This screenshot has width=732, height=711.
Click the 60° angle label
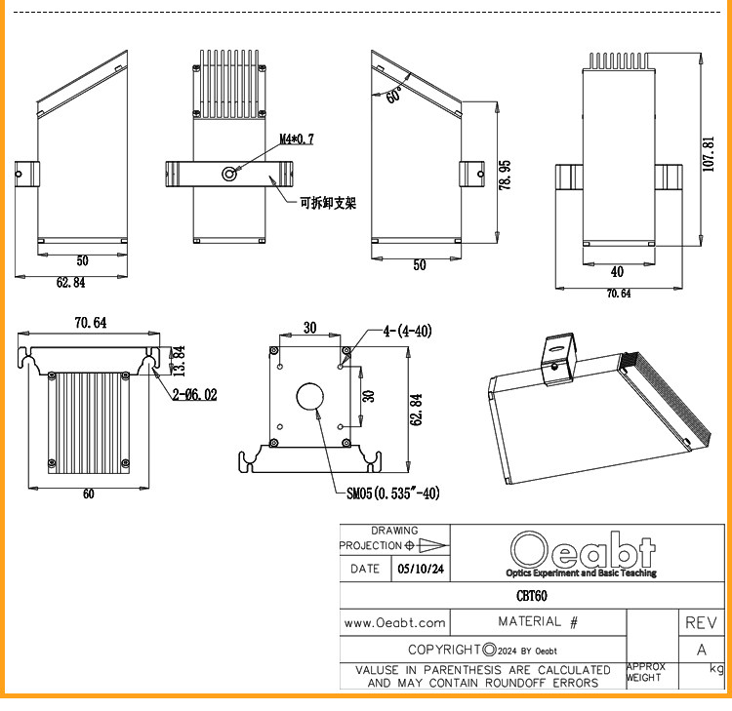[394, 95]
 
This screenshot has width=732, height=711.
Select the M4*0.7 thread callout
[297, 139]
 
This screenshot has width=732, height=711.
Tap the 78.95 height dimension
[505, 175]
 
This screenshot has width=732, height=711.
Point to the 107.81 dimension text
[709, 153]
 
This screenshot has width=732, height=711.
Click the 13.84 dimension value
[179, 361]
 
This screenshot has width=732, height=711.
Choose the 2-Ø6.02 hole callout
[194, 395]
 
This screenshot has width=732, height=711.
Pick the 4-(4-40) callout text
[408, 332]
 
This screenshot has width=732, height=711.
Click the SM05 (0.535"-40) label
[393, 494]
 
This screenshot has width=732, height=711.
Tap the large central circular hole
[309, 397]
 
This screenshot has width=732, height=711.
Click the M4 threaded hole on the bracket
[228, 174]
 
